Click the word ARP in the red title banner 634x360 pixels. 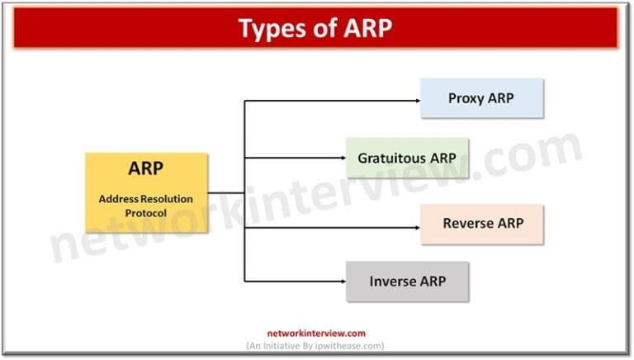click(362, 28)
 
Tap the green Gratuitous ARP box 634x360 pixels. click(407, 158)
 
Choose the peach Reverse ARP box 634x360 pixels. click(482, 224)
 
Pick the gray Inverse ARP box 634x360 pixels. click(407, 282)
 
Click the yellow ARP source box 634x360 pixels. click(146, 192)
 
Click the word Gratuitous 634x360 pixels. click(391, 158)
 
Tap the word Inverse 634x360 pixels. click(392, 282)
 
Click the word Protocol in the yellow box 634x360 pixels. click(145, 213)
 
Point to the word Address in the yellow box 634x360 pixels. click(120, 199)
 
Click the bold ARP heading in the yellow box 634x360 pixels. click(146, 169)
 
